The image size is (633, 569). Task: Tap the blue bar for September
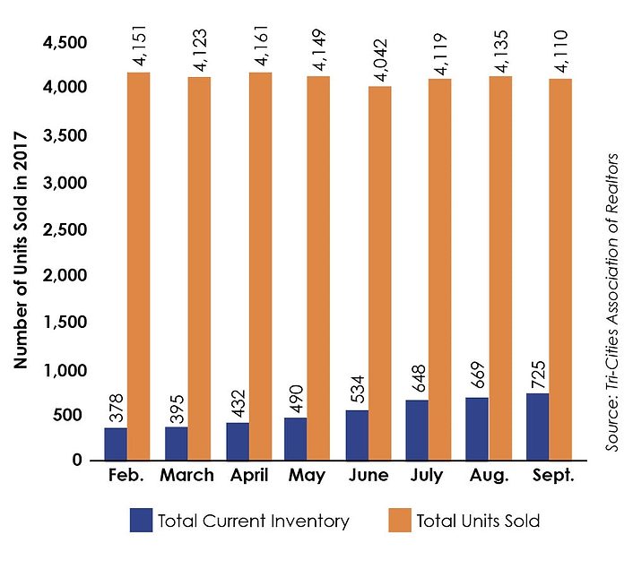pyautogui.click(x=537, y=427)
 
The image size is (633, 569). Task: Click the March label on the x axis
pyautogui.click(x=186, y=476)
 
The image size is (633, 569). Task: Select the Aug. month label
pyautogui.click(x=488, y=476)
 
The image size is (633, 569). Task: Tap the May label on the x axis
pyautogui.click(x=308, y=476)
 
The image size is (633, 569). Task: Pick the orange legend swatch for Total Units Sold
pyautogui.click(x=401, y=520)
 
